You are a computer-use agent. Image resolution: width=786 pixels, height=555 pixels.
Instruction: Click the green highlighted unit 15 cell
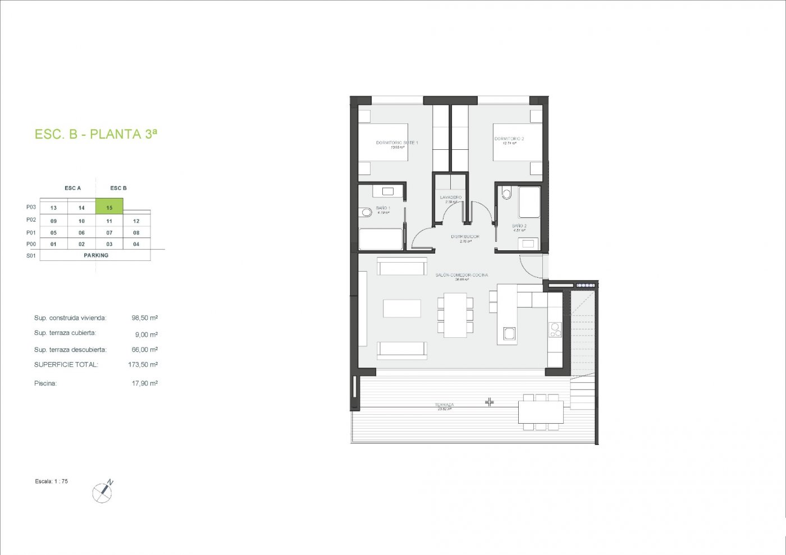pyautogui.click(x=109, y=207)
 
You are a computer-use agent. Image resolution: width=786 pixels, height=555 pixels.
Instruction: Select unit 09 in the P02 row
pyautogui.click(x=53, y=221)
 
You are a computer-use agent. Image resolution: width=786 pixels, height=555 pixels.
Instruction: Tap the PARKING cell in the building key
pyautogui.click(x=96, y=255)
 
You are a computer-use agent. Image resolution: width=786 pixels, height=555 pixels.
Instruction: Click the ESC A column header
pyautogui.click(x=72, y=188)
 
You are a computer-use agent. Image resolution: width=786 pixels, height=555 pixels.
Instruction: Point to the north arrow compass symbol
pyautogui.click(x=103, y=492)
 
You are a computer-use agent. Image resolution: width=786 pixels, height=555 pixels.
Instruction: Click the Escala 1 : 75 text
pyautogui.click(x=52, y=481)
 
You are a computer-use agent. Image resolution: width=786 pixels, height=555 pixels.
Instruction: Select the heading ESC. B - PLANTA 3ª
pyautogui.click(x=96, y=134)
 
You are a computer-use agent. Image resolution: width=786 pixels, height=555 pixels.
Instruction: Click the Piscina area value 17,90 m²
pyautogui.click(x=144, y=383)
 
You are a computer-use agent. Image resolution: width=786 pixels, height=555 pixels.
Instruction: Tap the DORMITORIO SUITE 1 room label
pyautogui.click(x=397, y=143)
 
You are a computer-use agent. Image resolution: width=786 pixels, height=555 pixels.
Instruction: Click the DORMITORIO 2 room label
pyautogui.click(x=509, y=139)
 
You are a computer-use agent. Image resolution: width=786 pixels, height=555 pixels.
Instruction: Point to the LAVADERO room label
pyautogui.click(x=451, y=198)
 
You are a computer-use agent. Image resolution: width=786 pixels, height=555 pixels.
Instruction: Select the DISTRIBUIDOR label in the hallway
pyautogui.click(x=465, y=237)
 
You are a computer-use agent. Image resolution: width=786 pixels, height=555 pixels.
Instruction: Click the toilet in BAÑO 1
pyautogui.click(x=367, y=212)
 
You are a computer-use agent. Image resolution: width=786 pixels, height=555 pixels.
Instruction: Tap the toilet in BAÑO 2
pyautogui.click(x=507, y=194)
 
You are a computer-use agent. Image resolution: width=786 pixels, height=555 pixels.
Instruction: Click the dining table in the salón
pyautogui.click(x=455, y=315)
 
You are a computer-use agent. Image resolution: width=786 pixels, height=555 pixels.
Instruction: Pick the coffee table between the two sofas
pyautogui.click(x=402, y=309)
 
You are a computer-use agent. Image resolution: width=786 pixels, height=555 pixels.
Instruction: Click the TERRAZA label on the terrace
pyautogui.click(x=444, y=405)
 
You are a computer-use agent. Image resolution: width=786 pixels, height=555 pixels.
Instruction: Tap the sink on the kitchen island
pyautogui.click(x=509, y=334)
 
